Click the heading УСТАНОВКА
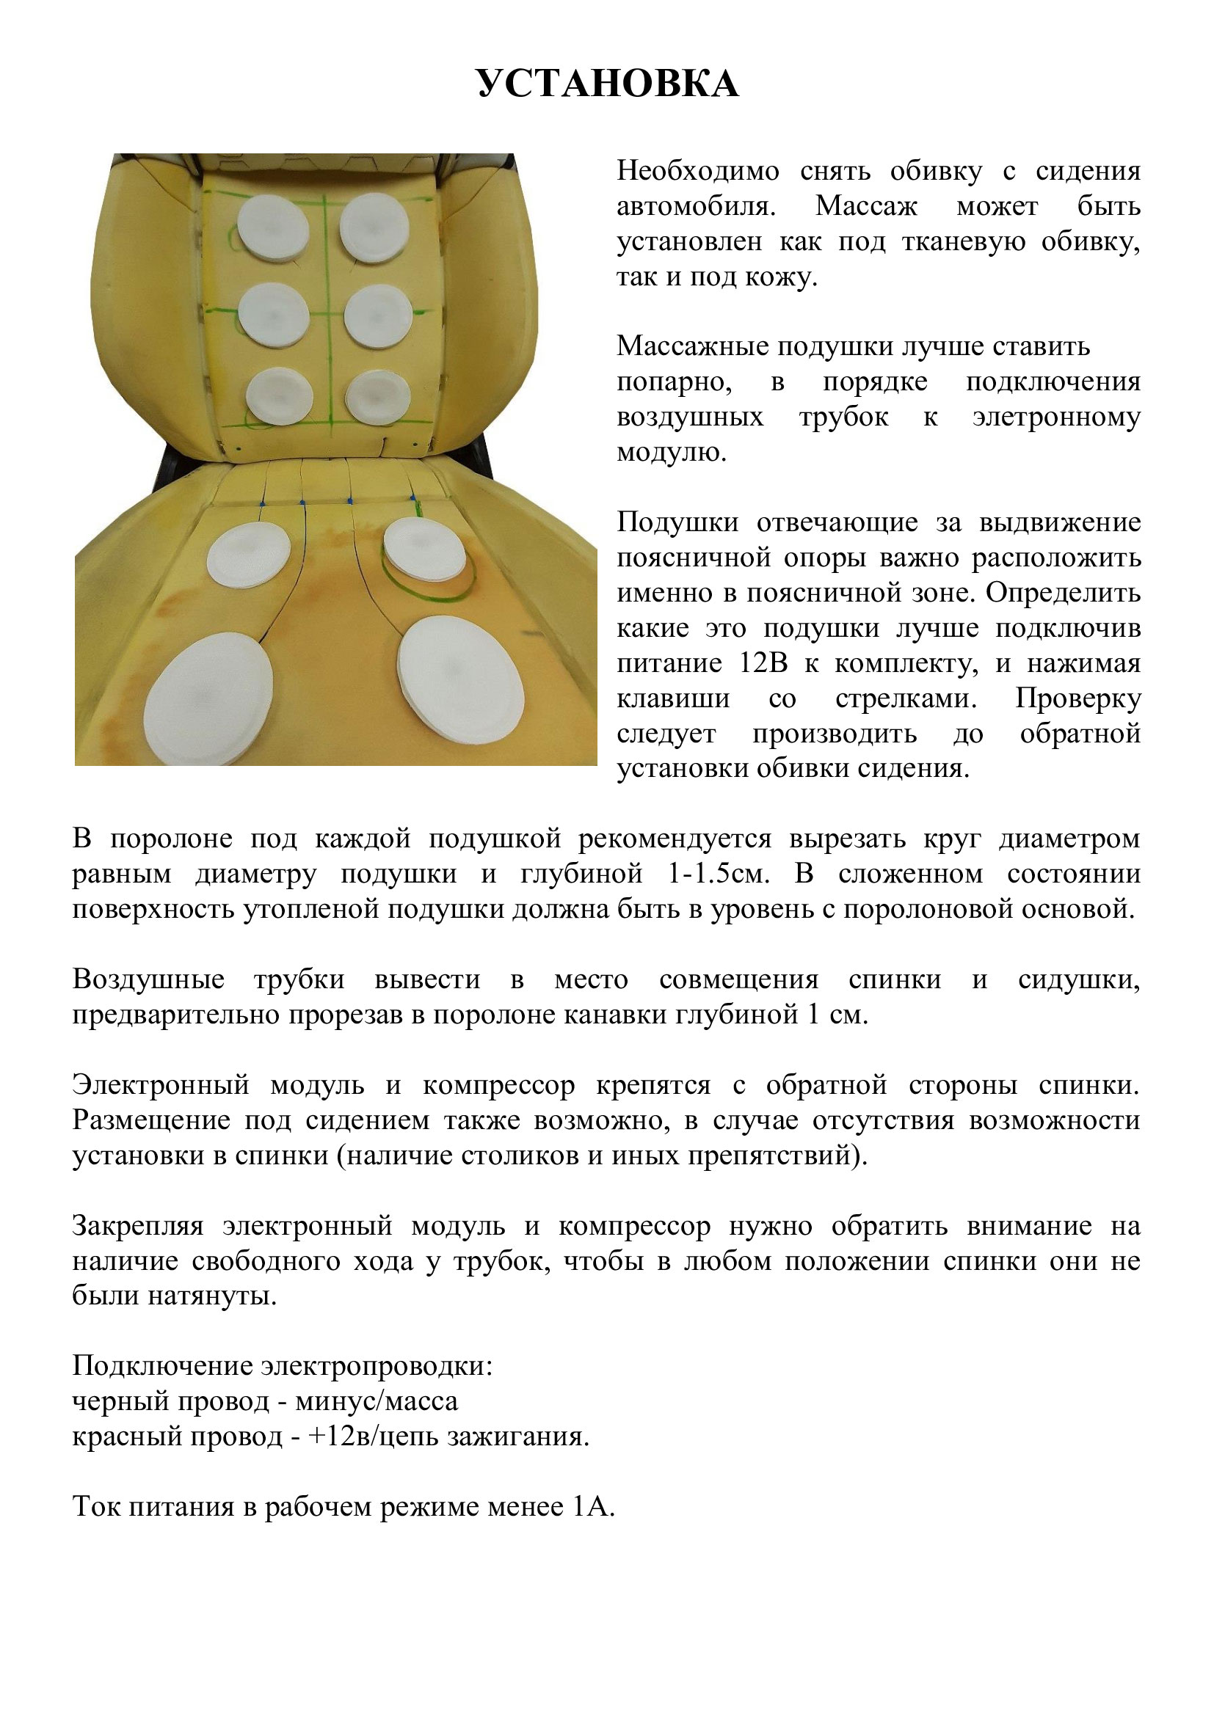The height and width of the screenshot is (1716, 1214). [x=608, y=84]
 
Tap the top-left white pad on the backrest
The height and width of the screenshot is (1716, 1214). [x=273, y=227]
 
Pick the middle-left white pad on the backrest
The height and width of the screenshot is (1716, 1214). [x=275, y=315]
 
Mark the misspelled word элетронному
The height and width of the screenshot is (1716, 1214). [x=1055, y=417]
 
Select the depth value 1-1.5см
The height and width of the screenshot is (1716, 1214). [x=719, y=874]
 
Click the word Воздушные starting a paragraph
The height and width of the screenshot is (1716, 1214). [x=148, y=979]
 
